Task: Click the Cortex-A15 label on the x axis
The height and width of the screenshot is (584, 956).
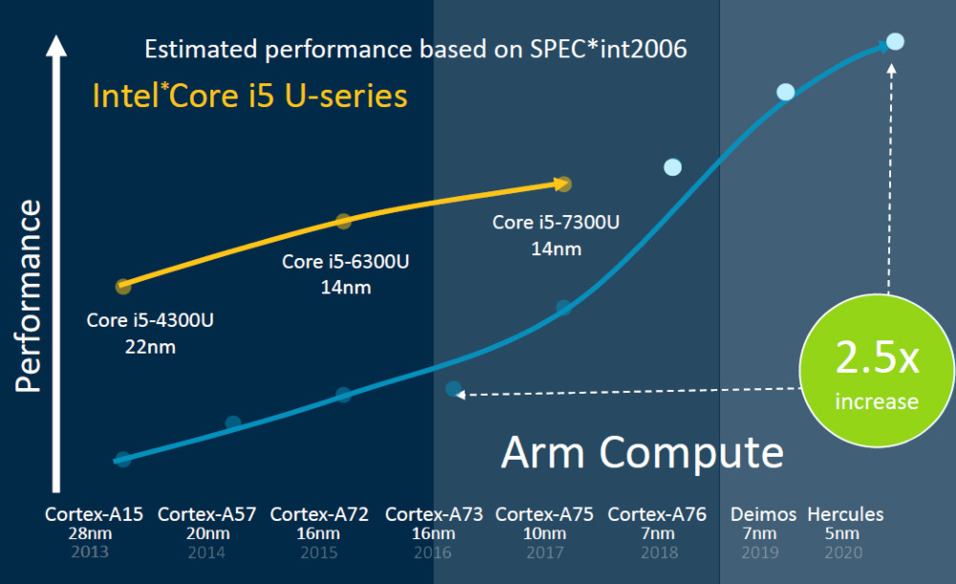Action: pyautogui.click(x=94, y=514)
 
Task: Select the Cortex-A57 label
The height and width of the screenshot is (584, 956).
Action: pyautogui.click(x=206, y=514)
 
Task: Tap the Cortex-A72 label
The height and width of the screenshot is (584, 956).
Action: pyautogui.click(x=319, y=514)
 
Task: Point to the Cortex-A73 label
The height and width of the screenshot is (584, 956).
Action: pyautogui.click(x=434, y=514)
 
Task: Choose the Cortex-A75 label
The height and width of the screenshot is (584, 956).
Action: pyautogui.click(x=544, y=514)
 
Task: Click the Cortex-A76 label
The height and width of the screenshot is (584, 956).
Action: pyautogui.click(x=657, y=514)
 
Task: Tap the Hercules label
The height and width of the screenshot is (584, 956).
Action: pyautogui.click(x=846, y=514)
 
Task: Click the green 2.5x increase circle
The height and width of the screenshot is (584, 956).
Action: pyautogui.click(x=877, y=373)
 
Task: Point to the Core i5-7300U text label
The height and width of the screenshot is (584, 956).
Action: pyautogui.click(x=555, y=223)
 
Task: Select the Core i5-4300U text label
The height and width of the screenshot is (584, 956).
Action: pyautogui.click(x=150, y=320)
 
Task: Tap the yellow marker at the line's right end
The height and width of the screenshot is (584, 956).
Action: pyautogui.click(x=564, y=184)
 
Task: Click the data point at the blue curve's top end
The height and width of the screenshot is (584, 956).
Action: pyautogui.click(x=895, y=41)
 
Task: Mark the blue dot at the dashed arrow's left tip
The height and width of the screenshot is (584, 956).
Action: pyautogui.click(x=453, y=389)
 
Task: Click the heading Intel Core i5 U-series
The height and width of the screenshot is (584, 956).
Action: pyautogui.click(x=250, y=97)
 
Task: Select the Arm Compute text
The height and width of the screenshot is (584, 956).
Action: pyautogui.click(x=641, y=451)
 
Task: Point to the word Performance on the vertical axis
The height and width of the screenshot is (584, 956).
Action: pyautogui.click(x=30, y=295)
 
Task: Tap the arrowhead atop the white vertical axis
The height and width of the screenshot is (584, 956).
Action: pyautogui.click(x=56, y=45)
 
